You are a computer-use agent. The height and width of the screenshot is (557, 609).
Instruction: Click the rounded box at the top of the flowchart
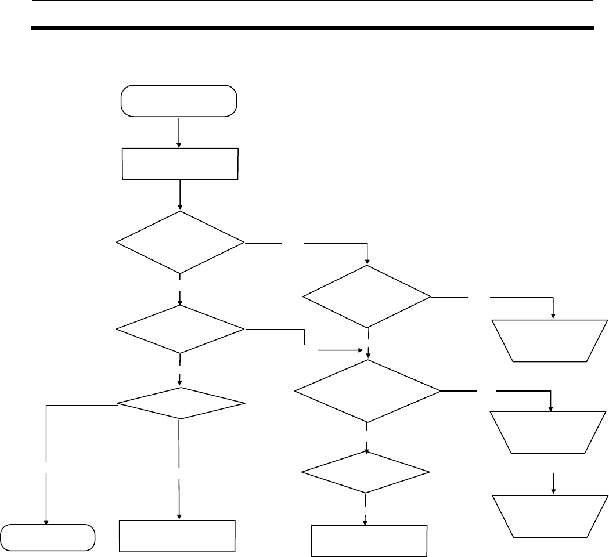[178, 102]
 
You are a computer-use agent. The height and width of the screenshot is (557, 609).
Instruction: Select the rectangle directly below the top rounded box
[181, 164]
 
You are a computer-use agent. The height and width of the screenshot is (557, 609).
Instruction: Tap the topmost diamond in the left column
[181, 241]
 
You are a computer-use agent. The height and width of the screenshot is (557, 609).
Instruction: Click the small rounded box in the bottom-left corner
[48, 537]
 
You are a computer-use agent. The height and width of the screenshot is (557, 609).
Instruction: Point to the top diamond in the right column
[367, 297]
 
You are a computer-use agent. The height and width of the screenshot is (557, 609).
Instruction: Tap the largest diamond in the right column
[367, 390]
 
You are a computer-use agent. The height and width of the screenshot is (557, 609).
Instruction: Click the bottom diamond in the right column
[366, 472]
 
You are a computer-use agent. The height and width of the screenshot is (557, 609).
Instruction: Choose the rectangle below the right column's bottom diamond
[369, 540]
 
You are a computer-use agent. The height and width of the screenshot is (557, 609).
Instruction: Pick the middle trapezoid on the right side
[549, 432]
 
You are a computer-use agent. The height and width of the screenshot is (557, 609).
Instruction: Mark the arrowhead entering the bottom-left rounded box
[46, 520]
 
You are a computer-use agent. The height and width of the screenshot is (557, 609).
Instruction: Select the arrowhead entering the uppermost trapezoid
[553, 315]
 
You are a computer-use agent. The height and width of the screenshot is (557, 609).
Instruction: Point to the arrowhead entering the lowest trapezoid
[553, 491]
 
